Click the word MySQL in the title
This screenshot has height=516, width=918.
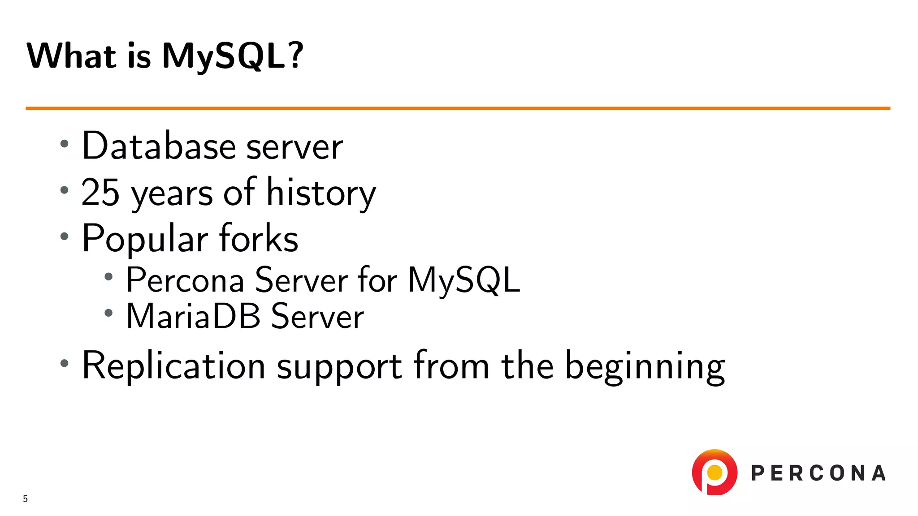click(224, 56)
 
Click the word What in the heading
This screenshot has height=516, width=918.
click(72, 56)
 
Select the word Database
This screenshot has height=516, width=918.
click(159, 146)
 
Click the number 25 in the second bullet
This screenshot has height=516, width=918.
click(100, 193)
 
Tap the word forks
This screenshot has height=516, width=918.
click(259, 238)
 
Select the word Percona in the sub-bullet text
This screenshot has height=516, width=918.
click(185, 280)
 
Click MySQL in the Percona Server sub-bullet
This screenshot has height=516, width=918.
click(464, 280)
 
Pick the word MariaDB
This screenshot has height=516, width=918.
click(193, 317)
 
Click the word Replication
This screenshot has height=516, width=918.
click(173, 366)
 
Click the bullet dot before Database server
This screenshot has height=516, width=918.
click(65, 144)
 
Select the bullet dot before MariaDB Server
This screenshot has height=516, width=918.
click(108, 313)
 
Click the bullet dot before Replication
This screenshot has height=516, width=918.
click(65, 363)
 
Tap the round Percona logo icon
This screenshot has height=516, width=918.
click(714, 473)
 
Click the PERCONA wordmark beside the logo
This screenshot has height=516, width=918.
click(818, 473)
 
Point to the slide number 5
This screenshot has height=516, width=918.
click(26, 499)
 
